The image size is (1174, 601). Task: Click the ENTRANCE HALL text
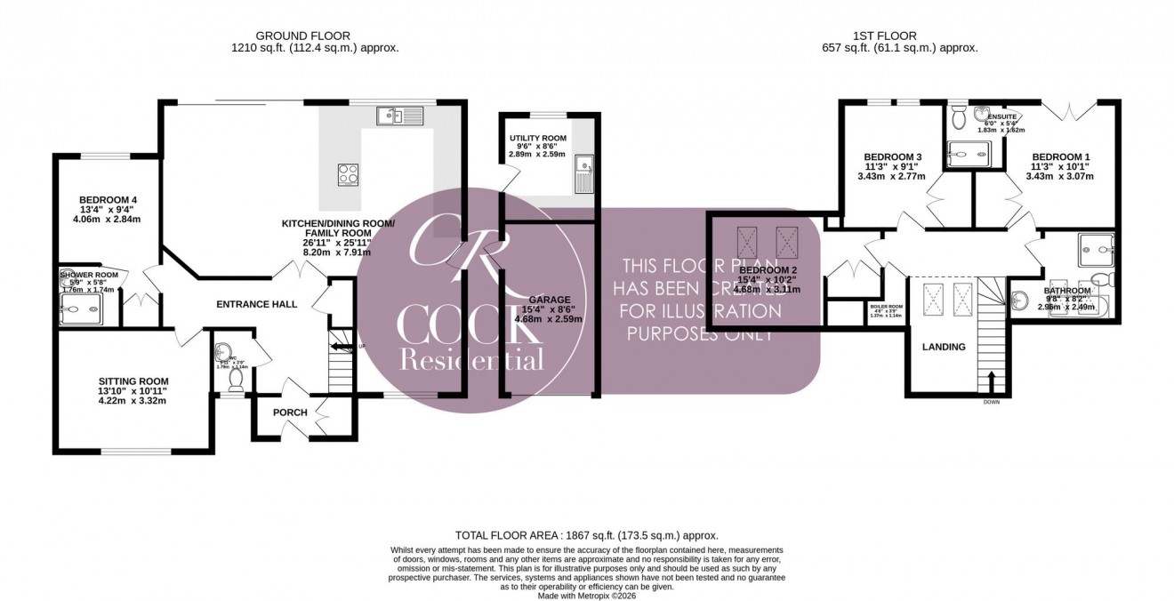click(x=256, y=304)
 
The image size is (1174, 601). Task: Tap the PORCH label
click(x=290, y=413)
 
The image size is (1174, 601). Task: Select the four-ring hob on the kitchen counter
click(x=348, y=174)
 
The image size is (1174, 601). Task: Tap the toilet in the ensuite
click(x=957, y=116)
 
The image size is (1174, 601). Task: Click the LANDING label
click(x=943, y=347)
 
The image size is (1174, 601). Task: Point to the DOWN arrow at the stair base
click(x=992, y=384)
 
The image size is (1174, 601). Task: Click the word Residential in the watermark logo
click(x=471, y=359)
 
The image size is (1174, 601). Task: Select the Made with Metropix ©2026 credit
click(x=586, y=596)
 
